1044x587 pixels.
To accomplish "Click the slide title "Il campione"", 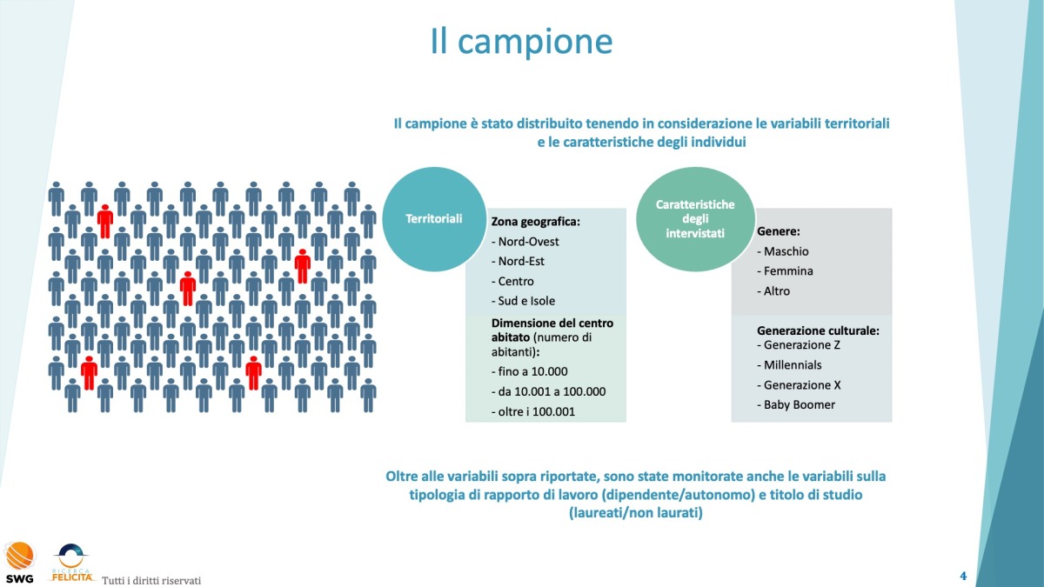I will [x=521, y=41].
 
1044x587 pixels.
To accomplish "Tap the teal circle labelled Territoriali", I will [x=433, y=218].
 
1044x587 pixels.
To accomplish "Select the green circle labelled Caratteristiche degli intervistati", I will [x=694, y=218].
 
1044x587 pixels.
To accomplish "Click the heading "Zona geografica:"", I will [x=535, y=222].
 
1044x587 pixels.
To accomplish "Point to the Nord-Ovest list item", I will [x=525, y=242].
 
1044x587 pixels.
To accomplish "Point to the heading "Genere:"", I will [x=779, y=232].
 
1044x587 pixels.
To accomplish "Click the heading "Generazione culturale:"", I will [x=818, y=331].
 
